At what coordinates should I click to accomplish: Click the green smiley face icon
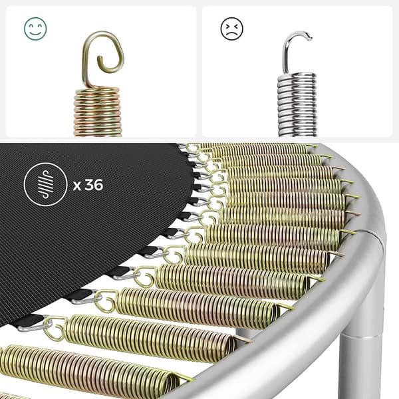(35, 29)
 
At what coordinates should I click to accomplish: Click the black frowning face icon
(231, 28)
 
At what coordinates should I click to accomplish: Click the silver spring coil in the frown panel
(297, 105)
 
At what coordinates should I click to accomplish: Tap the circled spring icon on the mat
(45, 184)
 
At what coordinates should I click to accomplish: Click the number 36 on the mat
(94, 185)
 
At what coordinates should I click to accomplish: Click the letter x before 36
(77, 186)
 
